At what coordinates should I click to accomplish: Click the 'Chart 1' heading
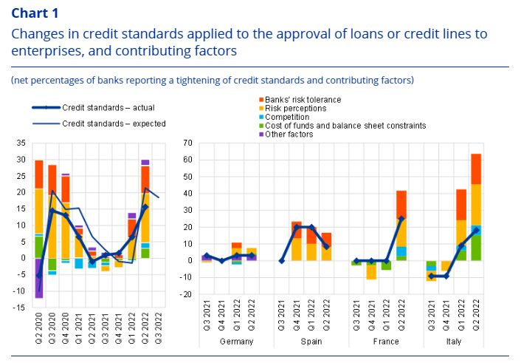point(35,13)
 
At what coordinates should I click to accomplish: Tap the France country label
point(386,342)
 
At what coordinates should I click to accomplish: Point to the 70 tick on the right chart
point(188,142)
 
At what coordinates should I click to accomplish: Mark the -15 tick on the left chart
point(18,307)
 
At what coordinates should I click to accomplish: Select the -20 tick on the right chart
point(186,295)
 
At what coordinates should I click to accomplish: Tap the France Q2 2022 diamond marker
point(401,219)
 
